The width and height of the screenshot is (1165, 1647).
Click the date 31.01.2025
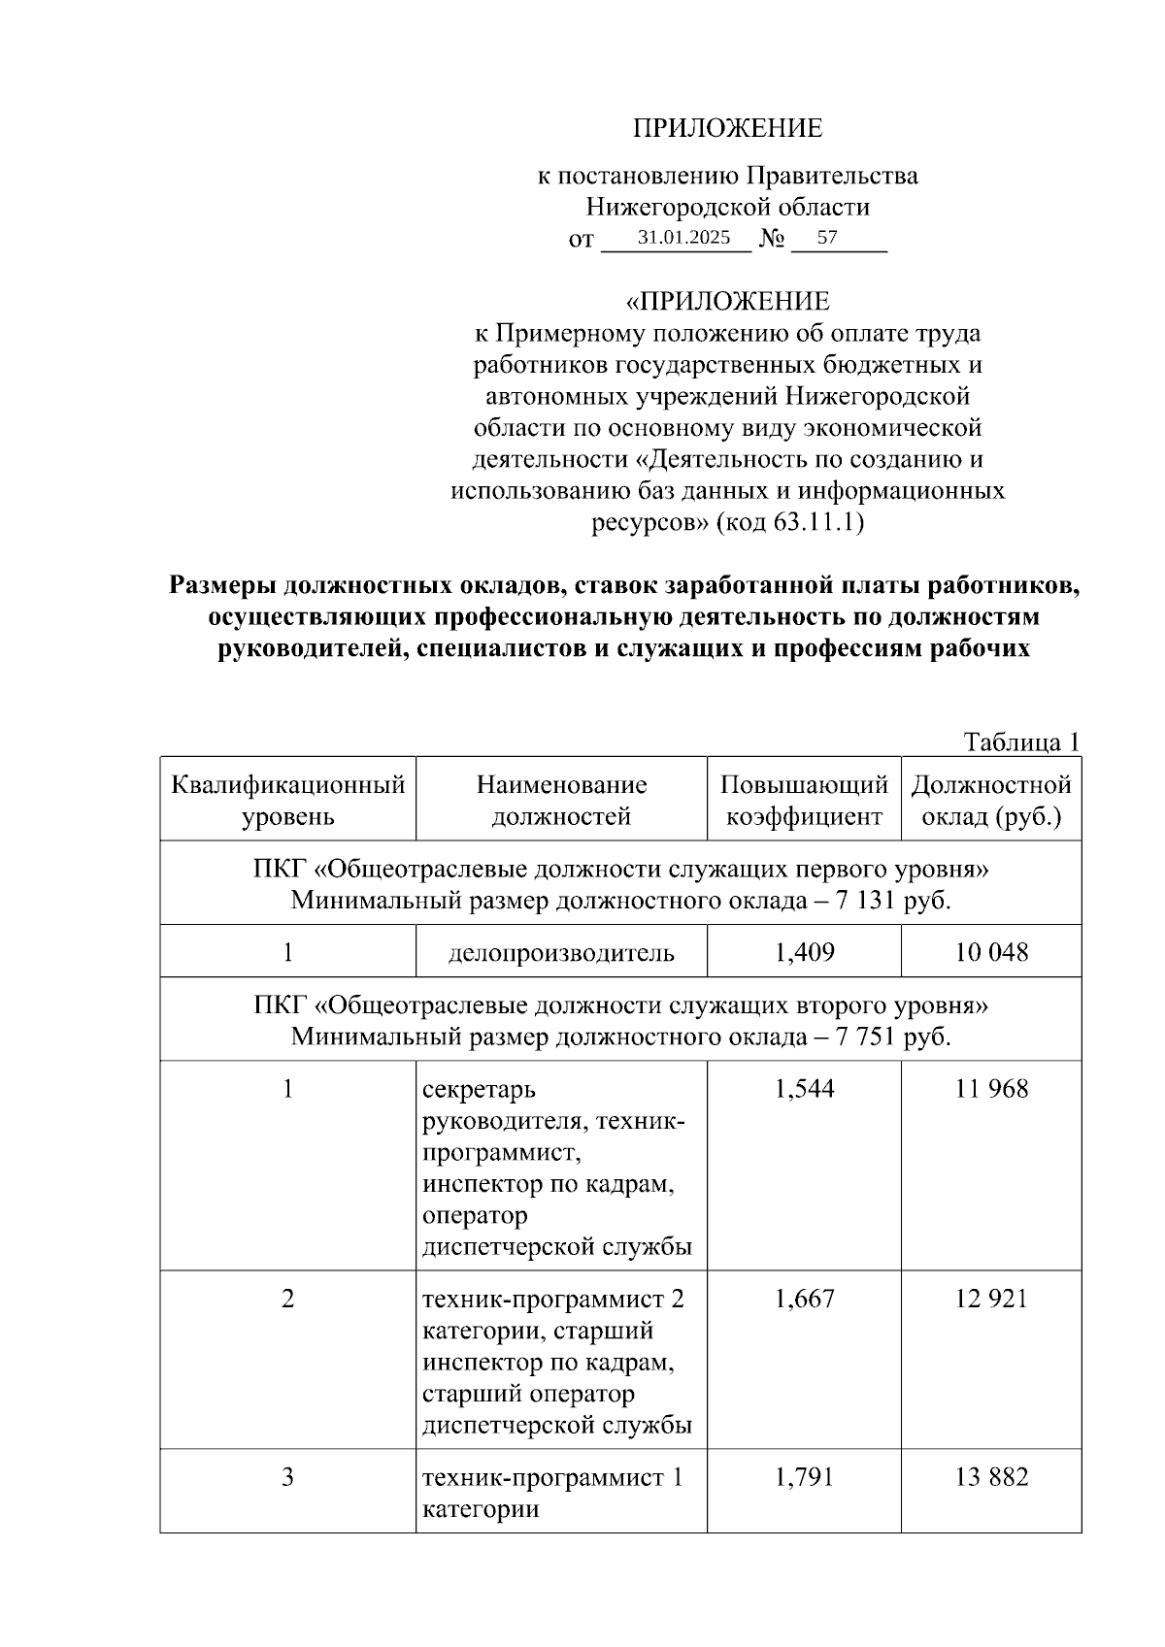683,237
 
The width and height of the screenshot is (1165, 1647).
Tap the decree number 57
827,237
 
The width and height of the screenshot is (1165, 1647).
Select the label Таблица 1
1021,742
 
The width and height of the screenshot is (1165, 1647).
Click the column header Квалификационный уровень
287,800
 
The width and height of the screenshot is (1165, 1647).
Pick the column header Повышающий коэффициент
804,800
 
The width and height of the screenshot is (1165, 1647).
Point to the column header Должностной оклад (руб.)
991,800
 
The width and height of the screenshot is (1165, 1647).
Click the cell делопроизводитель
561,952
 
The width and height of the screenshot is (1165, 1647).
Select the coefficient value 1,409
804,952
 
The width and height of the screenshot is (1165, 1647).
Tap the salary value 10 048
991,952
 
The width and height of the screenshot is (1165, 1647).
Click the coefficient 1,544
804,1089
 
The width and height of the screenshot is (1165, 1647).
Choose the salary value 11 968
991,1089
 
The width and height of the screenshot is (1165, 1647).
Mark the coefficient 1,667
804,1299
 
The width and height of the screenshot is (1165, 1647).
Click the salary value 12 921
991,1299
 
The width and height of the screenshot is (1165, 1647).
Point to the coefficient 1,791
804,1477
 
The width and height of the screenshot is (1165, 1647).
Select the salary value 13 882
991,1477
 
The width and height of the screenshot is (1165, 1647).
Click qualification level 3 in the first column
287,1477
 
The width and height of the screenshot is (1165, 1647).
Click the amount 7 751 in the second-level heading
867,1037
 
